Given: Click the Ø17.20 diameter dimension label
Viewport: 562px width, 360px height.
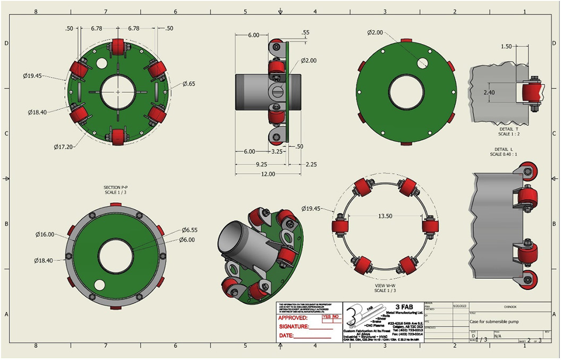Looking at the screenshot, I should pos(63,146).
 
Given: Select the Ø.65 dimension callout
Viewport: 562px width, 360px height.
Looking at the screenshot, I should pos(189,83).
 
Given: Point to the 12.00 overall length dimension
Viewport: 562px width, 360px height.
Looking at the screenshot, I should pos(268,174).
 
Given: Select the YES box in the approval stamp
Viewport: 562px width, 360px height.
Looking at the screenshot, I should pos(327,316).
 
